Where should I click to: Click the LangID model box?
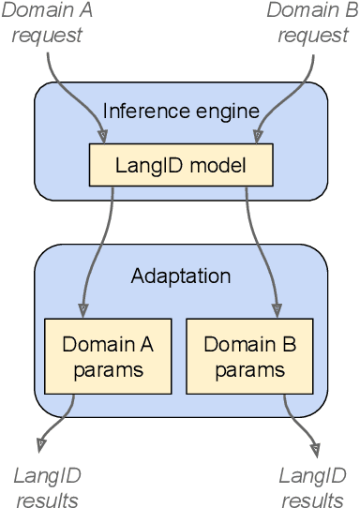click(x=181, y=165)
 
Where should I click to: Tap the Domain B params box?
click(x=249, y=356)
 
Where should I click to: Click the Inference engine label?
click(x=181, y=112)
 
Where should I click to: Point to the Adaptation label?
click(x=181, y=276)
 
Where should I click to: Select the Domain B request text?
click(x=312, y=23)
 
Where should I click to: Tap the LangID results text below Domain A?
click(x=46, y=487)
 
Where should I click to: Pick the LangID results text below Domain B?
click(x=312, y=487)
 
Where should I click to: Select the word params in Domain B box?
click(x=249, y=369)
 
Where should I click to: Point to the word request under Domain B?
click(x=312, y=36)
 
